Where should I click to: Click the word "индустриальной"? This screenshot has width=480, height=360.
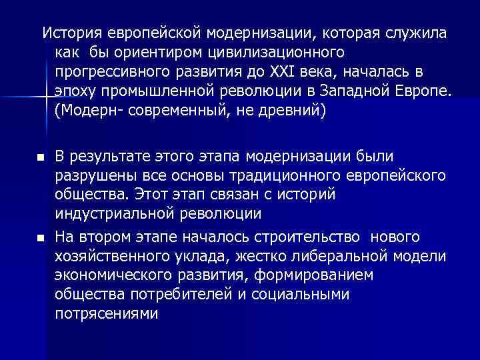(x=113, y=215)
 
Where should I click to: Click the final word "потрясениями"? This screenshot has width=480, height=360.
(x=107, y=313)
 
